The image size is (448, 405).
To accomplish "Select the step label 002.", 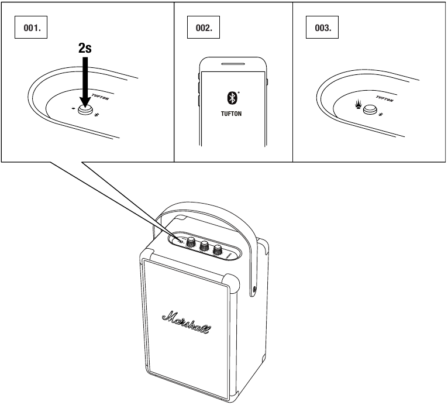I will pos(204,29).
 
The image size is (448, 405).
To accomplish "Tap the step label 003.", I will pos(322,29).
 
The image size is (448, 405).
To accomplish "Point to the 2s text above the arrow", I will pos(85,48).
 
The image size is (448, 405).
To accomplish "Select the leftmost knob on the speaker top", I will pos(191,243).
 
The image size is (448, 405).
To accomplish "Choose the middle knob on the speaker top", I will pos(205,246).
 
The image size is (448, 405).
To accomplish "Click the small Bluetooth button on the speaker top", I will pos(181,241).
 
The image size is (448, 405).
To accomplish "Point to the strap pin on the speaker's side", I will pos(254,288).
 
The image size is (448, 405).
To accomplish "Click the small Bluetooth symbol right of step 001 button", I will pos(97,114).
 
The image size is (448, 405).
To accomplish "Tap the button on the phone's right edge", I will pos(266,83).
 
